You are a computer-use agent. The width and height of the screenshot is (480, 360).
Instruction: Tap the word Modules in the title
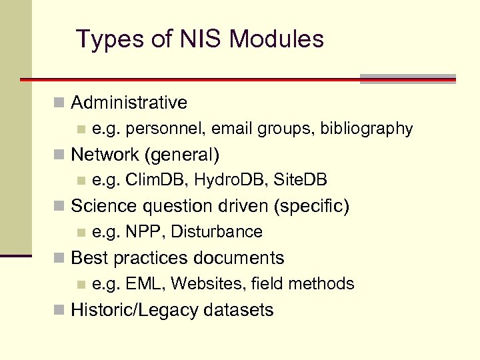point(277,39)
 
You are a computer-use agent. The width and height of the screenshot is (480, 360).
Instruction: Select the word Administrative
point(129,103)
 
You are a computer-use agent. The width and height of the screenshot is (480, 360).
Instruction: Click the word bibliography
point(367,129)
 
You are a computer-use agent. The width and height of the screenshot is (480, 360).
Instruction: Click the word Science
point(101,206)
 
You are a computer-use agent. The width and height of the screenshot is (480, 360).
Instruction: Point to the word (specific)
point(311,206)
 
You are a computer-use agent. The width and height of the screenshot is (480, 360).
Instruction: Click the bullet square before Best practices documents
point(59,258)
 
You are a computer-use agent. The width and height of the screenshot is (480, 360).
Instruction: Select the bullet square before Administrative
point(59,103)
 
